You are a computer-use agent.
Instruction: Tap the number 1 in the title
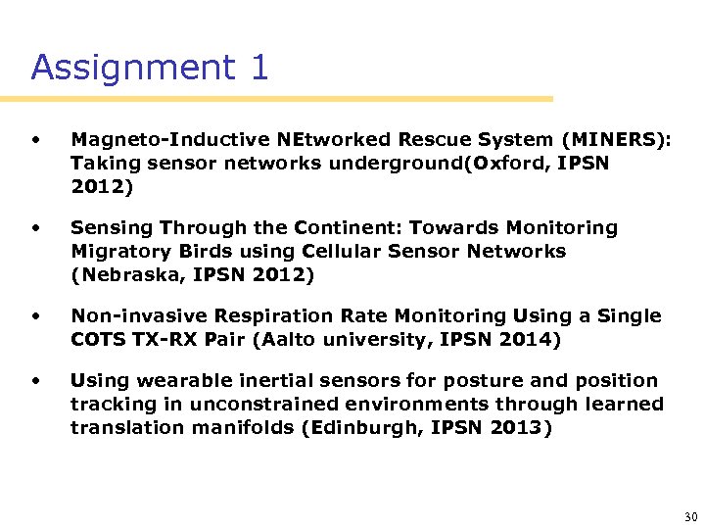pyautogui.click(x=258, y=68)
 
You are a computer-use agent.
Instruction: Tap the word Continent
pyautogui.click(x=344, y=228)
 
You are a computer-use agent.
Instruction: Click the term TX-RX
pyautogui.click(x=168, y=340)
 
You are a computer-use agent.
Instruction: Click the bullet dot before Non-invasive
pyautogui.click(x=36, y=316)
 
